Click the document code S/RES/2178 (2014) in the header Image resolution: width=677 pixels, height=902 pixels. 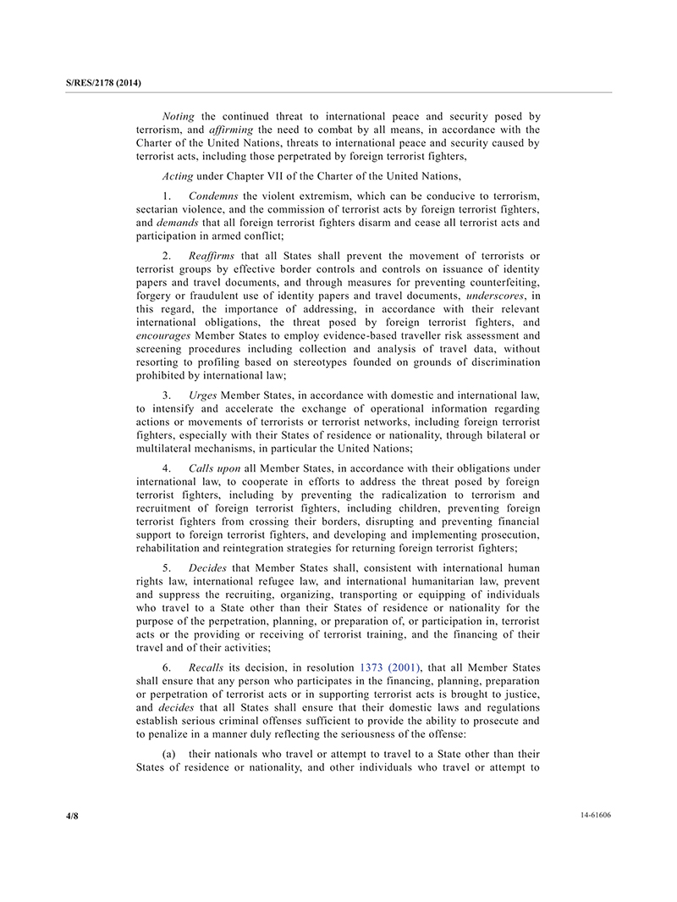(102, 83)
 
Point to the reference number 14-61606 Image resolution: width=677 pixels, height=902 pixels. (595, 815)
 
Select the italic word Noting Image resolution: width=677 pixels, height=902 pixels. (179, 116)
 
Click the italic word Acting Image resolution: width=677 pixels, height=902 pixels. (179, 176)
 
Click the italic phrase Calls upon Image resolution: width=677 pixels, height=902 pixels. (217, 468)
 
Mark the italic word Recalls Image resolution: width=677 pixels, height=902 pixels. (206, 667)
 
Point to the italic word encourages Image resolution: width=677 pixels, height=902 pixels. (163, 335)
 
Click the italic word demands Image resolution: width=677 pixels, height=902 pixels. (177, 223)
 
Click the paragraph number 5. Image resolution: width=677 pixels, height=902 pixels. (167, 567)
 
